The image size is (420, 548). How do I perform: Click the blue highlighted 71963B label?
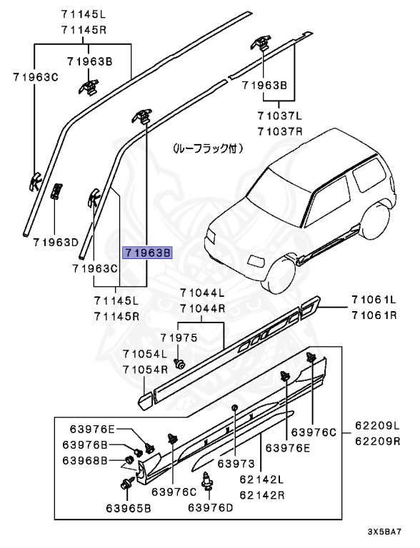(148, 253)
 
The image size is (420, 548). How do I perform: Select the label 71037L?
(280, 114)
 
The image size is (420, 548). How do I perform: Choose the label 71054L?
(144, 354)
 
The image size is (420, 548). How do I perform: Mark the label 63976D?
(211, 507)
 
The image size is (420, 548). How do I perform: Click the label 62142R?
(261, 494)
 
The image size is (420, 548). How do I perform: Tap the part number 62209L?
(378, 426)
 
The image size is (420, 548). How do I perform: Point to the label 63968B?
(84, 460)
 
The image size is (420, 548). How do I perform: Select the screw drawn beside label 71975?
(181, 365)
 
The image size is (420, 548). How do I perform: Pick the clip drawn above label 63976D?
(210, 482)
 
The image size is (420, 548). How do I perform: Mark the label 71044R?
(202, 308)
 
